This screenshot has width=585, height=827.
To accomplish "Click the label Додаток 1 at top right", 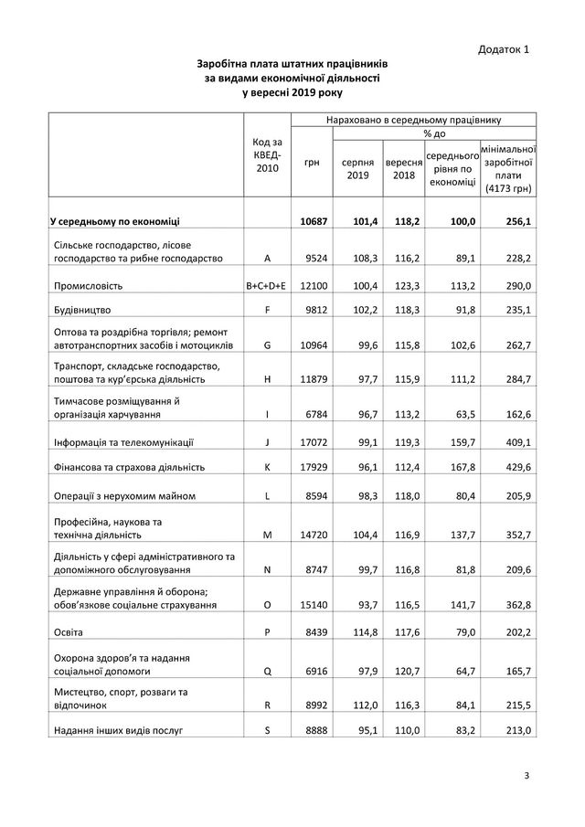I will [503, 48].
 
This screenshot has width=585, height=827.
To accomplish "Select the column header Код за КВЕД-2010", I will [266, 154].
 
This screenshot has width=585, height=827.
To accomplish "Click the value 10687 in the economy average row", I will [313, 221].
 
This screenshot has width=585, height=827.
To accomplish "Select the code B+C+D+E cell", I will [266, 286].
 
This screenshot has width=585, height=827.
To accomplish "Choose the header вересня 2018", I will [403, 168].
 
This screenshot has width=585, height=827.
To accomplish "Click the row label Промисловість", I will [87, 286].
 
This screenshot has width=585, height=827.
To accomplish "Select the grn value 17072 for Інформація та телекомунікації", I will [313, 443].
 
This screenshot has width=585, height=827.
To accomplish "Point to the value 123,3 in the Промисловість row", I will [403, 286].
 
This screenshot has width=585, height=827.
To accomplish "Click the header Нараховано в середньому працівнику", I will [413, 119].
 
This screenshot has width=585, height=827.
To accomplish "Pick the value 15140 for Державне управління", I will [313, 605].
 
